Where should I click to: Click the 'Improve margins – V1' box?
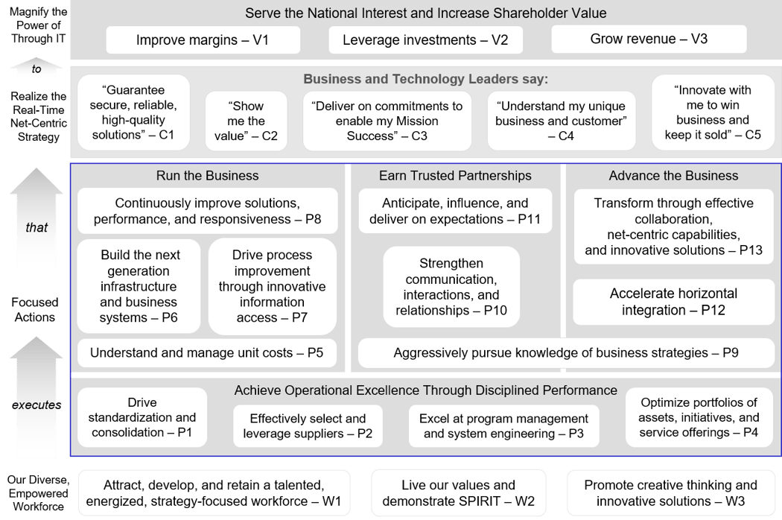pos(203,39)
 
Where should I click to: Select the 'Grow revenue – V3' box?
pos(648,39)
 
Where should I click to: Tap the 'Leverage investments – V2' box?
pos(425,39)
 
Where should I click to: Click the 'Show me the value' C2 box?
pos(246,121)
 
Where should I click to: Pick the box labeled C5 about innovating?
pos(712,112)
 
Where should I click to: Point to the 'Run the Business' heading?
pos(207,176)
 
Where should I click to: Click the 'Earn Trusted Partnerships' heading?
pos(455,176)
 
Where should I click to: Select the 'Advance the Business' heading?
pos(673,176)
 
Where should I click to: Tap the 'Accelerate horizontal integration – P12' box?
pos(673,302)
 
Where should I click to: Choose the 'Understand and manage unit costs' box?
pos(207,353)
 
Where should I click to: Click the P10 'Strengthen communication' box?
pos(451,287)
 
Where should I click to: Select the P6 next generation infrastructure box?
pos(139,287)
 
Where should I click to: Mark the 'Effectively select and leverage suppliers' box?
pos(308,426)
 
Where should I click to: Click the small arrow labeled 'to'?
pos(36,69)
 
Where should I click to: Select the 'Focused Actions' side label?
pos(35,309)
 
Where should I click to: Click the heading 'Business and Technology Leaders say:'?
pos(425,80)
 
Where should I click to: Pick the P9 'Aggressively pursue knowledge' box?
pos(566,353)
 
